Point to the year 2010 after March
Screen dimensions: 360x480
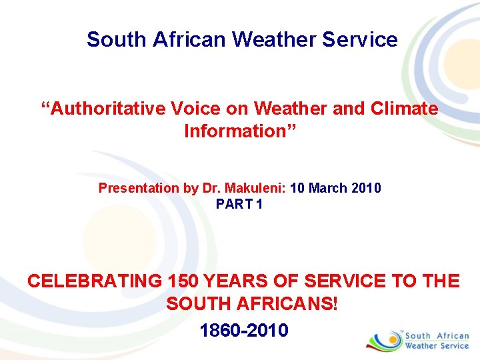(x=366, y=188)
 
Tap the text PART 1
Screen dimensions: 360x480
(x=239, y=204)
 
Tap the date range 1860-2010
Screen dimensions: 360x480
(x=244, y=329)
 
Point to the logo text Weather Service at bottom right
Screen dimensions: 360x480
(x=437, y=346)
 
